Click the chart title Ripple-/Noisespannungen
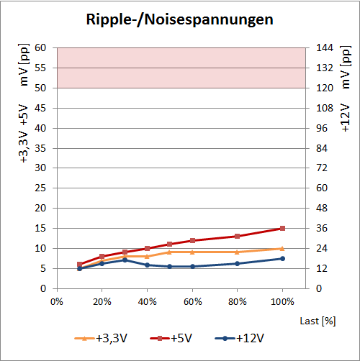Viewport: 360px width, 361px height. [x=180, y=19]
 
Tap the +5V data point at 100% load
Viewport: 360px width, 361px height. [x=282, y=228]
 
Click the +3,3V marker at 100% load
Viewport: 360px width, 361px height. [x=282, y=248]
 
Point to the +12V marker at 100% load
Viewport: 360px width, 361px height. [x=282, y=258]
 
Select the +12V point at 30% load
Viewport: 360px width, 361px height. [x=125, y=260]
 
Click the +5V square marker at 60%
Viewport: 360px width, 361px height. [x=192, y=240]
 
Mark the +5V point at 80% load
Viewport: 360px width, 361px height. [x=237, y=236]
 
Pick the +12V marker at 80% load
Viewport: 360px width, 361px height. [x=237, y=263]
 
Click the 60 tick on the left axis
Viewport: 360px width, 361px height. [x=40, y=47]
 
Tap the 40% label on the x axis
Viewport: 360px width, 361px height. [x=147, y=301]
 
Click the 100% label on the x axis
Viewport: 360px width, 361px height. [x=282, y=301]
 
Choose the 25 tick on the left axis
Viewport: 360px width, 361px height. [x=40, y=188]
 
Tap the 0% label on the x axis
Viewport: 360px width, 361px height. [x=57, y=301]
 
